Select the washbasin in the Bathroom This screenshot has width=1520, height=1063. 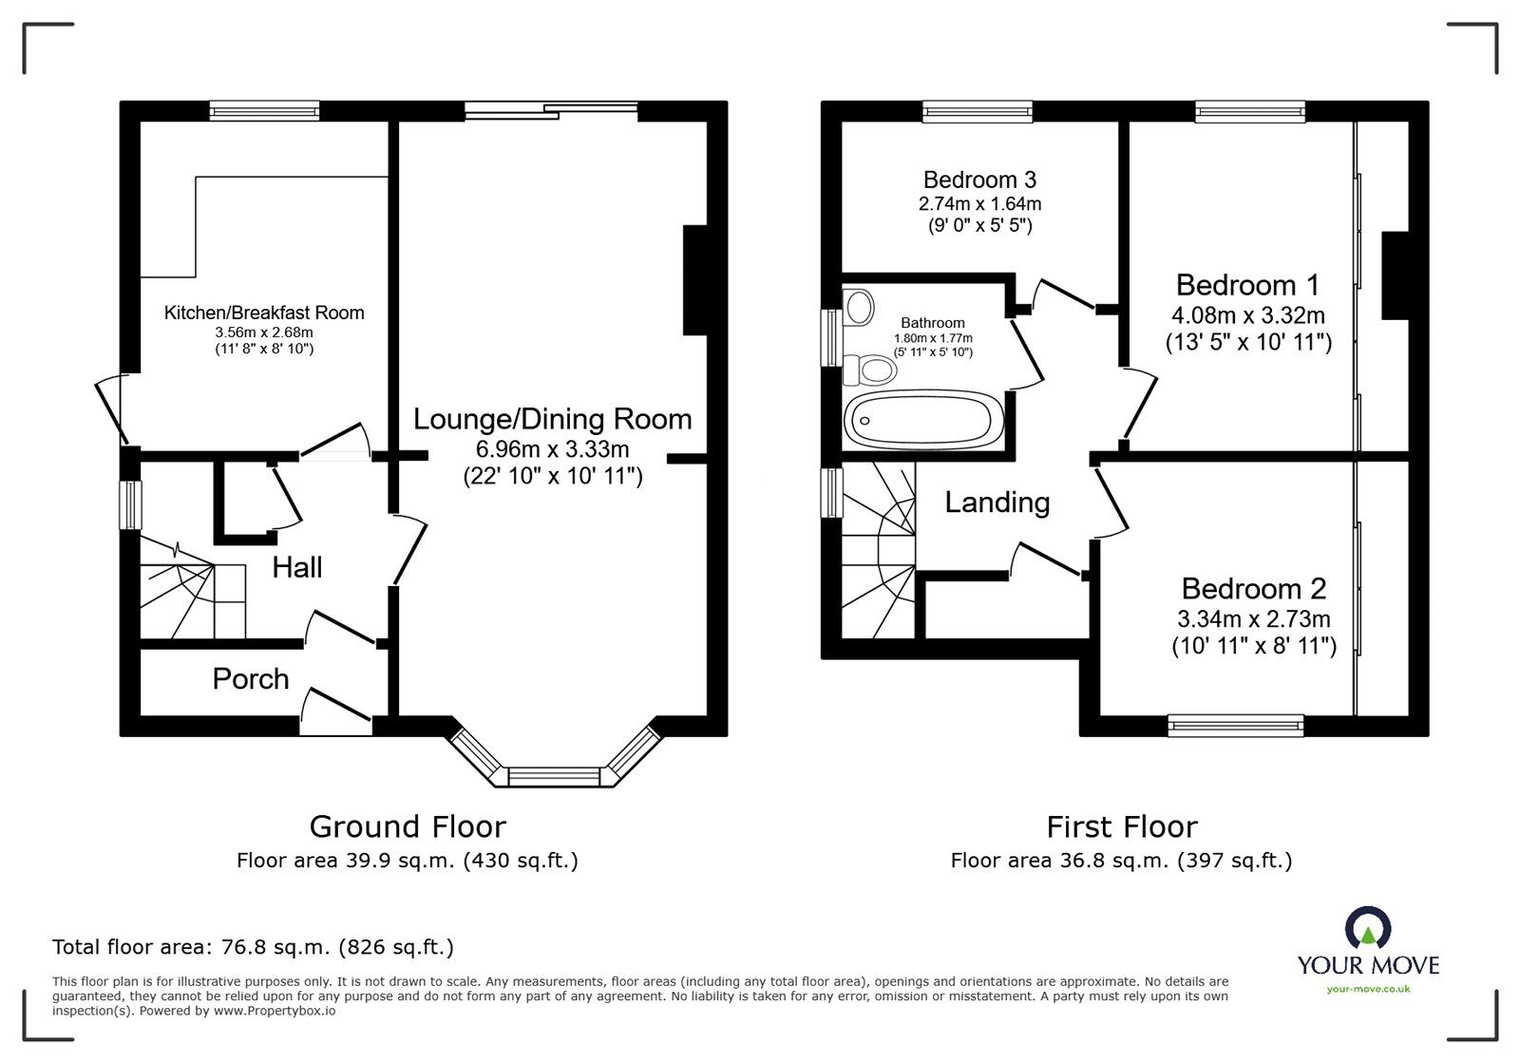pos(860,307)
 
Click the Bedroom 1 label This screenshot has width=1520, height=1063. pos(1247,285)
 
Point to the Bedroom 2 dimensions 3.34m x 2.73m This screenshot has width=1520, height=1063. pos(1253,619)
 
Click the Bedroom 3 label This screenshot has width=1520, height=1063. pos(979,180)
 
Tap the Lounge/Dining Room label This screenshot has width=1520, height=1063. pos(552,419)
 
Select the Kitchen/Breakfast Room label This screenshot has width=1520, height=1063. pos(264,313)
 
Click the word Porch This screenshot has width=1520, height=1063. pos(250,678)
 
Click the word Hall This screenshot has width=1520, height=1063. pos(296,567)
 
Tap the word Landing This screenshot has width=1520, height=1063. pos(997,502)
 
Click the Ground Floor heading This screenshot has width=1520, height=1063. pos(408,826)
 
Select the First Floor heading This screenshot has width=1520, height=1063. pos(1121,826)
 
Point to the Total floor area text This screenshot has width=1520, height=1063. pos(253,947)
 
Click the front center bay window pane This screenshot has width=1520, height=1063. pos(556,777)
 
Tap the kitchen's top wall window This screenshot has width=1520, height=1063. pos(264,111)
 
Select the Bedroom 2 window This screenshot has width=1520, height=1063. pos(1236,726)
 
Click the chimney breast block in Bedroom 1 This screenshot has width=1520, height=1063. pos(1395,275)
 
